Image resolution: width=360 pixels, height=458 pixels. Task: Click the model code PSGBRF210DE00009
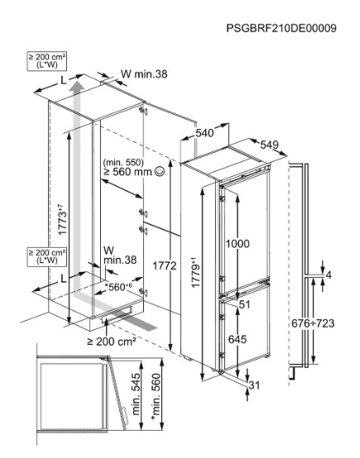tap(281, 28)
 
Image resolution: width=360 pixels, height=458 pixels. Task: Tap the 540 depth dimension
tap(204, 133)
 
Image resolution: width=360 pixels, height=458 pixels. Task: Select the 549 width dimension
tap(269, 145)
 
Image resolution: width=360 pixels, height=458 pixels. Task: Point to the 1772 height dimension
tap(165, 266)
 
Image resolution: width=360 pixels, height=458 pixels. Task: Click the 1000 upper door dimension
tap(238, 244)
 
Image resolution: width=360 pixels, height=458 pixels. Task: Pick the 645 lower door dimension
tap(238, 339)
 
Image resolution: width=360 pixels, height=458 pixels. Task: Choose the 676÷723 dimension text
tap(313, 323)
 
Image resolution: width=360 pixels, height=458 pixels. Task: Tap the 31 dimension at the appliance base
tap(254, 385)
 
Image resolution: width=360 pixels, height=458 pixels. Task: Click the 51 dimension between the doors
tap(244, 305)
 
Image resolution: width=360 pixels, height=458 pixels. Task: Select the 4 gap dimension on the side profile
tap(329, 275)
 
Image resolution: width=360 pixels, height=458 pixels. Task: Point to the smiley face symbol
tap(160, 171)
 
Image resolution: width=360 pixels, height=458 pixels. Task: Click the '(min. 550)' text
tap(123, 162)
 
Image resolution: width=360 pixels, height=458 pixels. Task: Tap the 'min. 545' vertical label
tap(137, 394)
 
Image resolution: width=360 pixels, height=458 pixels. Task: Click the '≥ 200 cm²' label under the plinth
tap(112, 341)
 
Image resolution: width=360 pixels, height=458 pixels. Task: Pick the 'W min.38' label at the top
tap(144, 74)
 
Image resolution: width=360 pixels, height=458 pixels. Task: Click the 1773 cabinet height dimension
tap(63, 220)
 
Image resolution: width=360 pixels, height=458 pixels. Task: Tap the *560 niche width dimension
tap(118, 287)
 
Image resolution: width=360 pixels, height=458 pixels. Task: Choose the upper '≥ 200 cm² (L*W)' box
tap(47, 61)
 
